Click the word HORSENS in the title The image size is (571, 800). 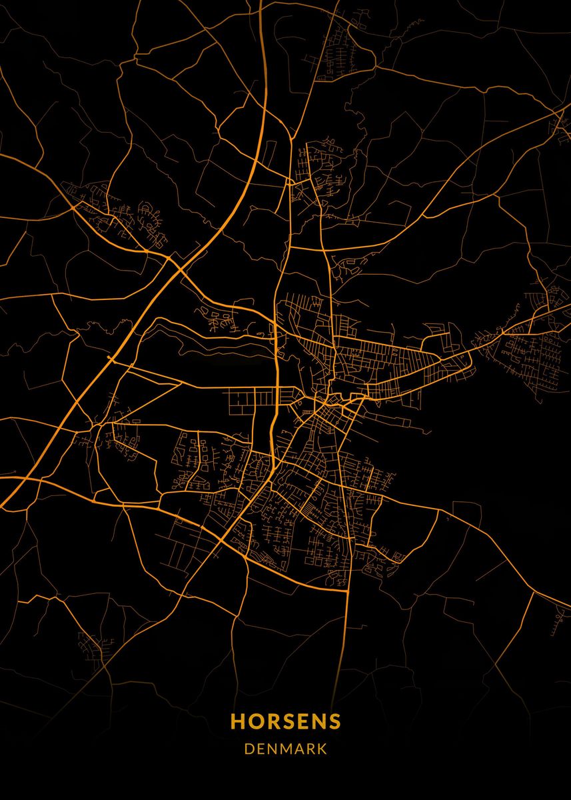pyautogui.click(x=285, y=722)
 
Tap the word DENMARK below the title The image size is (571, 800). pyautogui.click(x=285, y=749)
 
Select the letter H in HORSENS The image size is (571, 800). pyautogui.click(x=237, y=722)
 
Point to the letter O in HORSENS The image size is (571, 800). pyautogui.click(x=255, y=722)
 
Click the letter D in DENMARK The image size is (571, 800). pyautogui.click(x=249, y=749)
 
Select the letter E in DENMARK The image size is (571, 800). pyautogui.click(x=261, y=749)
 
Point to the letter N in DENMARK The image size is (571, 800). pyautogui.click(x=272, y=749)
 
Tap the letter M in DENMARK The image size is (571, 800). pyautogui.click(x=286, y=749)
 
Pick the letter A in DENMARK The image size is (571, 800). pyautogui.click(x=299, y=749)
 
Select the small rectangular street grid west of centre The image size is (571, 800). pyautogui.click(x=252, y=399)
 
